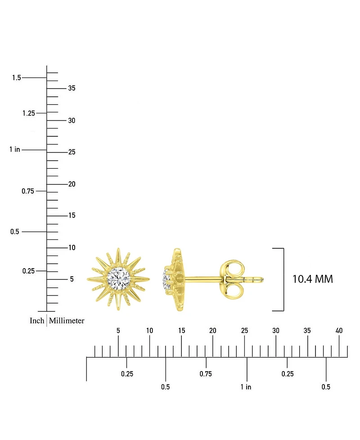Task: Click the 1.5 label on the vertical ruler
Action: pos(16,78)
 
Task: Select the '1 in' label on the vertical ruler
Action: pos(14,149)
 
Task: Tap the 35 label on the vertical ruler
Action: pos(72,88)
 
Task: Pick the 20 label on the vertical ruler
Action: pos(72,184)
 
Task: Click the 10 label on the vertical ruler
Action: pos(72,248)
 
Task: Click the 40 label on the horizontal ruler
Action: pos(339,331)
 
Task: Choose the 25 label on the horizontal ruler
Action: pos(244,331)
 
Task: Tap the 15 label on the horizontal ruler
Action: pos(181,331)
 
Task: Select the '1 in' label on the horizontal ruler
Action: pos(246,387)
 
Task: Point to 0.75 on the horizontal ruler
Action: pos(206,374)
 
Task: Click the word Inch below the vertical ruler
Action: pos(37,321)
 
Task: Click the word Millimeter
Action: pos(67,321)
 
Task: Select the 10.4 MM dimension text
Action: pos(313,279)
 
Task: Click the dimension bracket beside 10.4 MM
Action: pos(283,279)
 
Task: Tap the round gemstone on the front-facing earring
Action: pos(120,279)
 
